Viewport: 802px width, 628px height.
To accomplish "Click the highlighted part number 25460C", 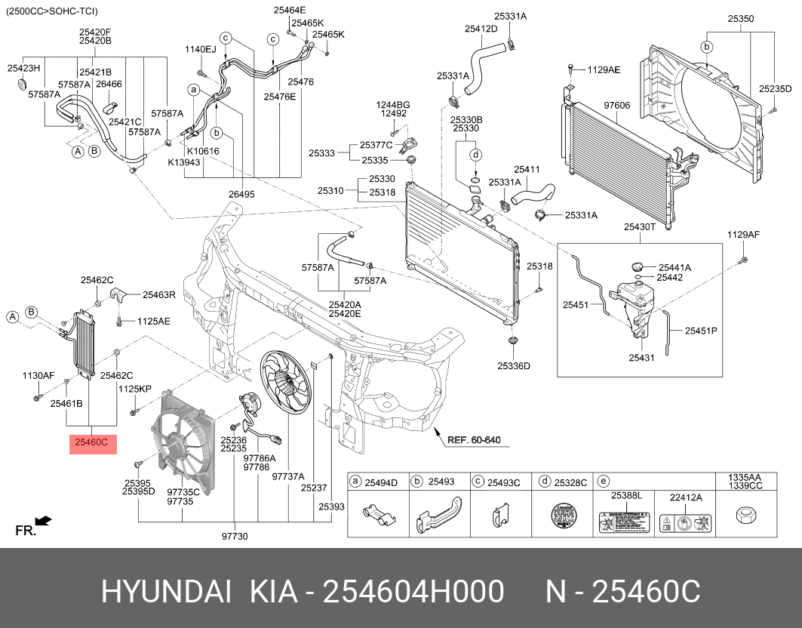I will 94,443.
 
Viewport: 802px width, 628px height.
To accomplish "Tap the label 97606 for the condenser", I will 616,105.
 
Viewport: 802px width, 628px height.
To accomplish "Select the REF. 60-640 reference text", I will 473,440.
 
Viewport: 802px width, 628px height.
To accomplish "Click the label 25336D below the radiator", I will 513,366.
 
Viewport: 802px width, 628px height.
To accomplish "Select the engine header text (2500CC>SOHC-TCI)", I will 52,11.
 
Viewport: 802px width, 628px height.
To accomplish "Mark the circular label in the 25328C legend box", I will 560,517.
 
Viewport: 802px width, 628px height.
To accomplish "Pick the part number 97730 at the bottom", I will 235,537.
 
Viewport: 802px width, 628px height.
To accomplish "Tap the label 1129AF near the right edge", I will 743,235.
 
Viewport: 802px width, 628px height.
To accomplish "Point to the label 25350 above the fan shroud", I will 741,17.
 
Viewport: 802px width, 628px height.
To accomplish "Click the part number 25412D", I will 481,29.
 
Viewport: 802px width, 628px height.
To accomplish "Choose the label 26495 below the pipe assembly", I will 241,194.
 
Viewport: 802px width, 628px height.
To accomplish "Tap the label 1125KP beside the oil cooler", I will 135,389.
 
